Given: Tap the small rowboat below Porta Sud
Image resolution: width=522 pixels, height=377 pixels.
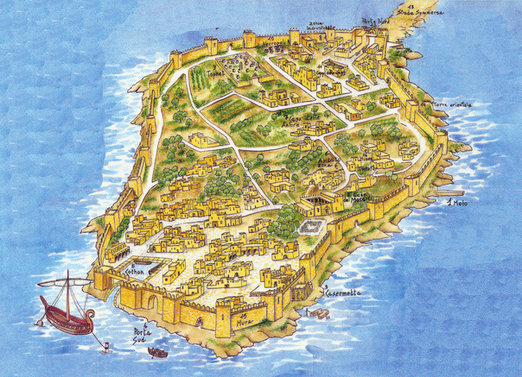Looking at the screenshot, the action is tap(156, 352).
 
